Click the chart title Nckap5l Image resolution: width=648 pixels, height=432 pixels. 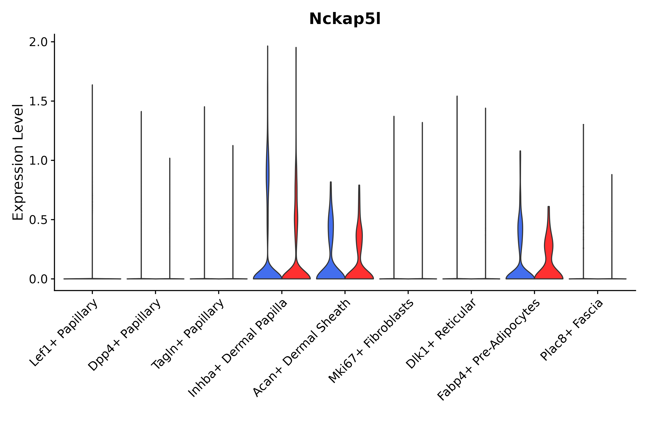pos(345,19)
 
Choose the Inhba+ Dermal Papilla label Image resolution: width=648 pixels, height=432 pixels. pos(238,348)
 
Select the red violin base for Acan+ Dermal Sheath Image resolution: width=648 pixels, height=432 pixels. pos(359,273)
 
